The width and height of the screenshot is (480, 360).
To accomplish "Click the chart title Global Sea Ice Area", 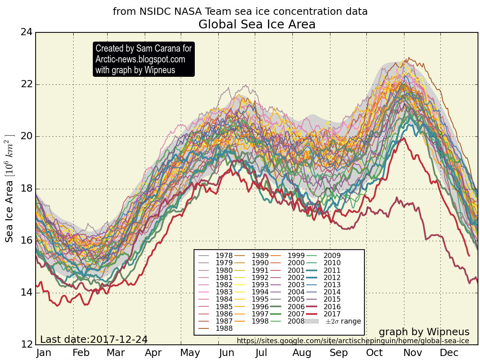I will tap(257, 25).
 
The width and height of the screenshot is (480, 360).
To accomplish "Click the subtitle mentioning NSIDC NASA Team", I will tap(240, 12).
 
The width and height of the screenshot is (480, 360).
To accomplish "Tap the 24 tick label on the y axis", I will tap(26, 32).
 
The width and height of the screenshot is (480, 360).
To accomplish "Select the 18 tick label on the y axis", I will tap(26, 189).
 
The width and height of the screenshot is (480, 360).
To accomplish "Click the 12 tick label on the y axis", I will tap(26, 345).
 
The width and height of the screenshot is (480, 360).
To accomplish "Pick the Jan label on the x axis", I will tap(44, 353).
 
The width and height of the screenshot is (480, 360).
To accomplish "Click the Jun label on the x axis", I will tap(226, 353).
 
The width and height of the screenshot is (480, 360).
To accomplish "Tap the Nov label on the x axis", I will tap(412, 353).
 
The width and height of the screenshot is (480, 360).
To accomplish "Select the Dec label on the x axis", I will tap(449, 353).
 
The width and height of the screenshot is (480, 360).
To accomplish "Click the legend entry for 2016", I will tap(332, 306).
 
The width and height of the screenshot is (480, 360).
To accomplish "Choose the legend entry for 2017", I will tap(332, 314).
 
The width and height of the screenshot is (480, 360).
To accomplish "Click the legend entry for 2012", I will tap(332, 278).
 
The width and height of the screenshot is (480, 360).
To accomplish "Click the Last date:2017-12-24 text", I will tap(94, 340).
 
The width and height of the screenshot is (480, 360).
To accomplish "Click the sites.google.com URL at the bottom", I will tap(353, 341).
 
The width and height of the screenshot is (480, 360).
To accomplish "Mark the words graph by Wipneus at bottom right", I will tap(424, 332).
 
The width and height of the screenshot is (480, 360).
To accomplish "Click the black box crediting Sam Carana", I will tap(144, 59).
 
